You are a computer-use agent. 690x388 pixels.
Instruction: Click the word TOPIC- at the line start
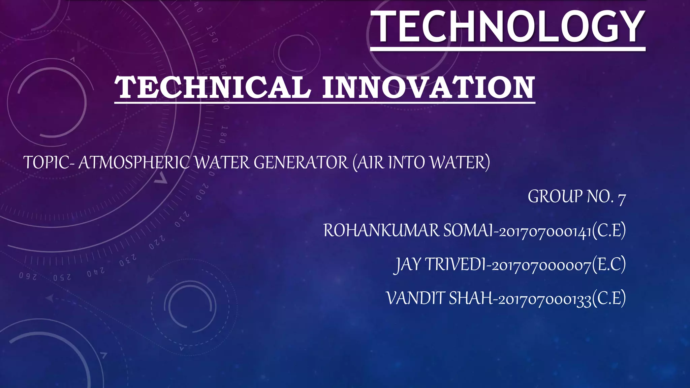(49, 163)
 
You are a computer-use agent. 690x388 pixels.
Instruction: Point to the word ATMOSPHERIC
(135, 163)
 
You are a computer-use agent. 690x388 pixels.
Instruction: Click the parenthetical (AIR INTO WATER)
(421, 163)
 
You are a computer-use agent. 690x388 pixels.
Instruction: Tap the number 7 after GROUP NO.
(622, 198)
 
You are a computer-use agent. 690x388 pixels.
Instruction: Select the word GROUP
(555, 197)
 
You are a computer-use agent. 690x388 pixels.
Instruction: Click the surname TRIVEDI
(455, 265)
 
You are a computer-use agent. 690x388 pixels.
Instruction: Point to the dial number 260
(28, 276)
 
